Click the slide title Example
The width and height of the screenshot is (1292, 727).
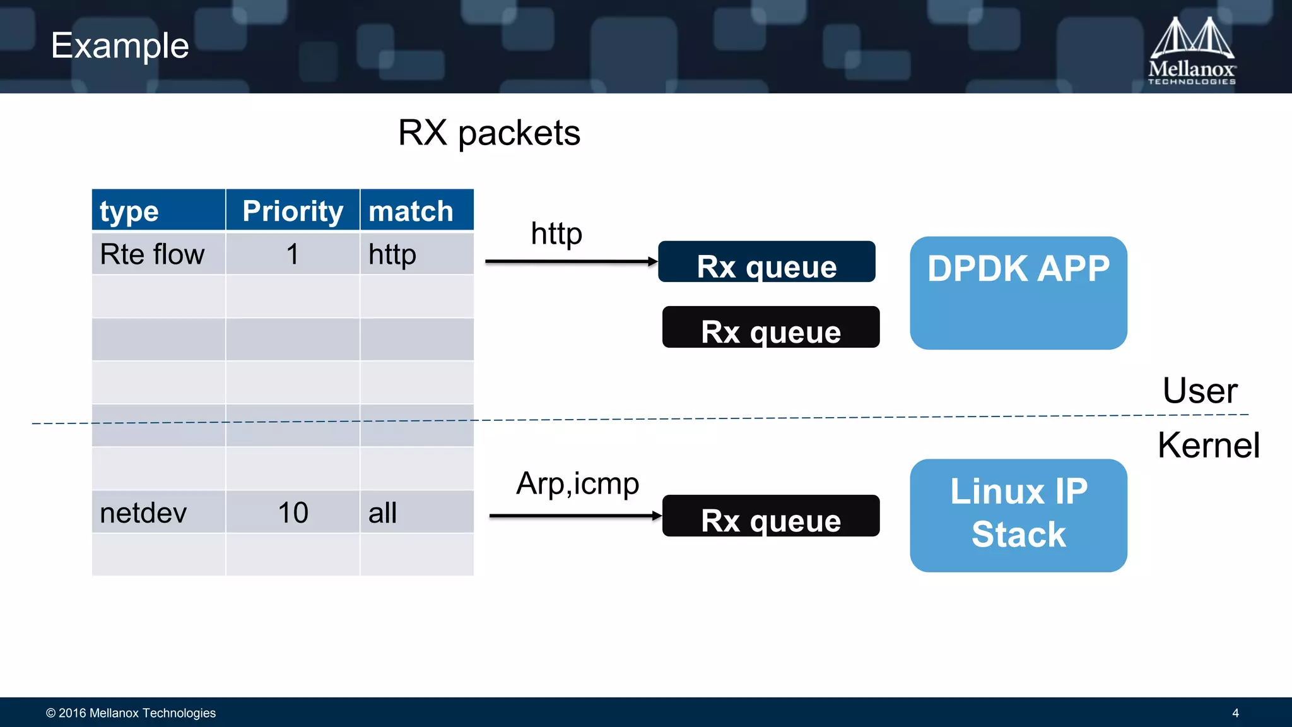[120, 46]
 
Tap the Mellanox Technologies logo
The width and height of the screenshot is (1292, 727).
[1191, 51]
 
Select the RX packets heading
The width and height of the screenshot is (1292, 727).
[489, 133]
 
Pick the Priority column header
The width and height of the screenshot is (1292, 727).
[293, 210]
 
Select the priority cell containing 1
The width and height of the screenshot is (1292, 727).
[293, 254]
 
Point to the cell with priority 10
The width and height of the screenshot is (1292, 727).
[293, 512]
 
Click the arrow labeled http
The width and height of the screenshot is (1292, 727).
[571, 261]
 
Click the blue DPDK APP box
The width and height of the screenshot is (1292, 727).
[1018, 293]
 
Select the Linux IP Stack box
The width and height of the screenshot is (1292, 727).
[1018, 515]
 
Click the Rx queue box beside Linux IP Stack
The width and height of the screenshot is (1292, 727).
[770, 516]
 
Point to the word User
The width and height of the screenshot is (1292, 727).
[1200, 391]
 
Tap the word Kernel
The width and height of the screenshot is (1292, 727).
[1208, 446]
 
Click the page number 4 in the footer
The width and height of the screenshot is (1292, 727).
[1235, 713]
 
